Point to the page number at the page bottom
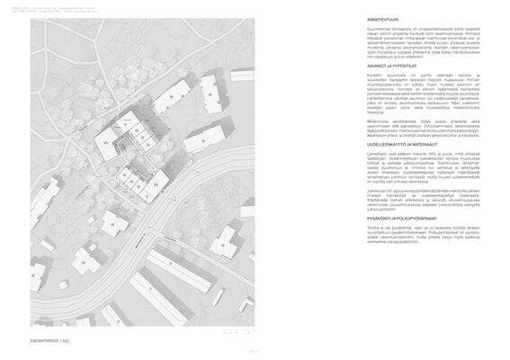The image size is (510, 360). [x=255, y=352]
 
